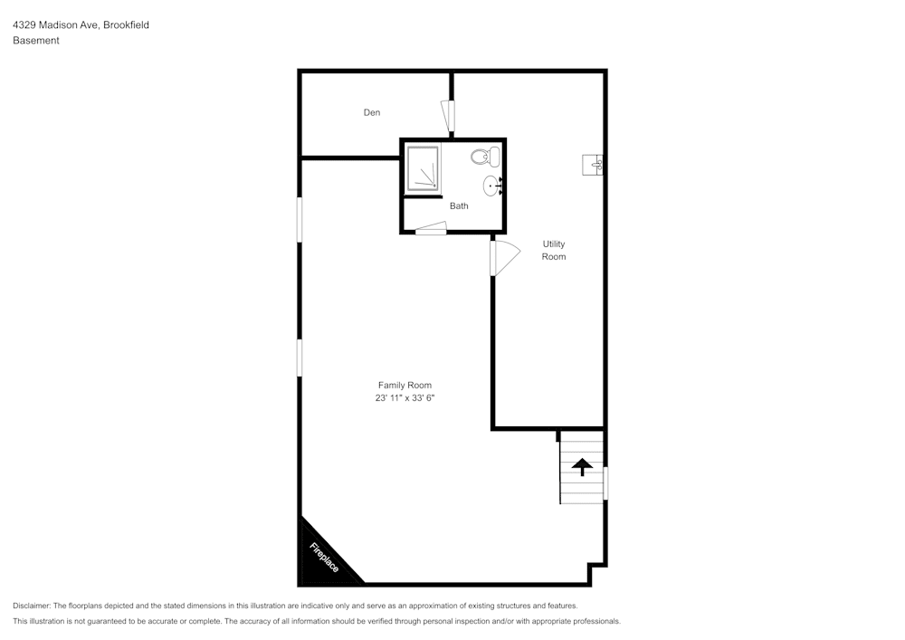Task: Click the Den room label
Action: (x=372, y=112)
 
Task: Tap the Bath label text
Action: (x=459, y=205)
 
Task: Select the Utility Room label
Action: (x=554, y=250)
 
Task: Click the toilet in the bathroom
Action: (x=486, y=158)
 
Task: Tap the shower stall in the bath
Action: (x=422, y=168)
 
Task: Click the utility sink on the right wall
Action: (x=593, y=164)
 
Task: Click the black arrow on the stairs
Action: (x=581, y=466)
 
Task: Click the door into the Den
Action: (x=448, y=116)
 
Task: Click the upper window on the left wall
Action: (x=300, y=219)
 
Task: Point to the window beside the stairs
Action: (x=605, y=482)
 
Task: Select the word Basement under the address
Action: (x=36, y=41)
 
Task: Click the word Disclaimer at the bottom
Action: (x=32, y=606)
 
